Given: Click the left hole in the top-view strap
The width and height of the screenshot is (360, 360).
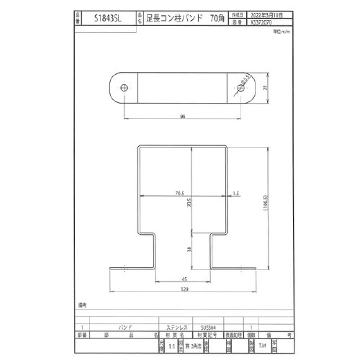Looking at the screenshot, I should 125,86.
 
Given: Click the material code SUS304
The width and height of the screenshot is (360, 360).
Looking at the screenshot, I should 211,326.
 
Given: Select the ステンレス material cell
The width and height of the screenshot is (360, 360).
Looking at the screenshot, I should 177,326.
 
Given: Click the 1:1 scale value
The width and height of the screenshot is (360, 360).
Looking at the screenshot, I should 171,346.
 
